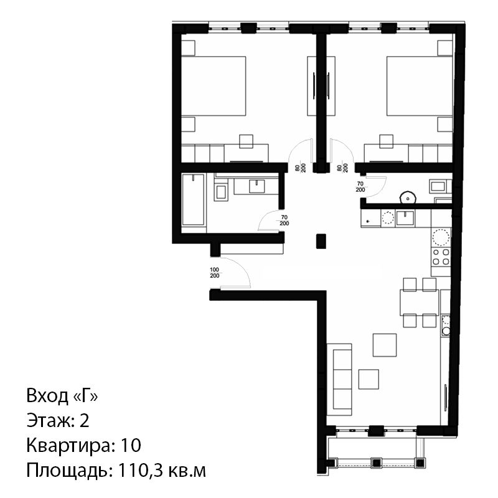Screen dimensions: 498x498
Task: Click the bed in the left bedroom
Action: tap(214, 86)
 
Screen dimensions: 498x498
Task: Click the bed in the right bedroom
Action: tap(420, 86)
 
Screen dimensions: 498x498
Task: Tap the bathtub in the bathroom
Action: tap(193, 200)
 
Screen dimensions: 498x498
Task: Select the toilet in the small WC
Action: tap(408, 197)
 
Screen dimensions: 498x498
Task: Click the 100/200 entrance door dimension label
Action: tap(215, 273)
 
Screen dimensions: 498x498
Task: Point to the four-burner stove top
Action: tap(441, 257)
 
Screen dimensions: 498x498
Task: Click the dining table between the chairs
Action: tap(419, 303)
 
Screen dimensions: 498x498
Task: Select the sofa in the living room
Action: tap(339, 380)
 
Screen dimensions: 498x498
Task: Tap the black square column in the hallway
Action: tap(321, 241)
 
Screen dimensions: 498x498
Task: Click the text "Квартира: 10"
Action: tap(84, 445)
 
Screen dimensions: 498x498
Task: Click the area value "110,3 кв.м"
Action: tap(162, 471)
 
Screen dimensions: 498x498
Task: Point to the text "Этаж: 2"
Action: tap(58, 420)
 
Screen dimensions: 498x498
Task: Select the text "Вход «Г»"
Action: tap(62, 396)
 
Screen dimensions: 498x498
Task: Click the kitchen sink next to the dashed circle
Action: tap(405, 218)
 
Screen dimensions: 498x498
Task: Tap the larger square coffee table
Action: tap(385, 345)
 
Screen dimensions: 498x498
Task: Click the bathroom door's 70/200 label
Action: tap(284, 220)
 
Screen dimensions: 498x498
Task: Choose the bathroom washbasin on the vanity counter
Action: tap(256, 186)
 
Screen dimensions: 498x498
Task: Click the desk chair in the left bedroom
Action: tap(246, 141)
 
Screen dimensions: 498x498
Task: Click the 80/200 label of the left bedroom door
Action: tap(301, 167)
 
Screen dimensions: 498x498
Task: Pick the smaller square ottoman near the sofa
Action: tap(369, 379)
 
